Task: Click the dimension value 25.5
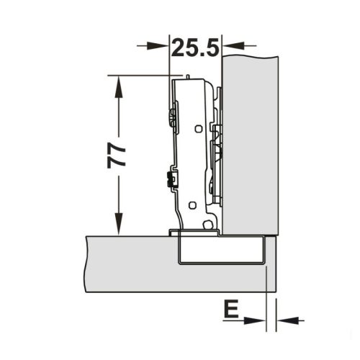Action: point(196,48)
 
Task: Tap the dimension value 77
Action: point(117,155)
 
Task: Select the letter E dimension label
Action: point(231,308)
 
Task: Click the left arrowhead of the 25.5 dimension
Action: point(157,45)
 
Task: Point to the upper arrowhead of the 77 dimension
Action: point(118,87)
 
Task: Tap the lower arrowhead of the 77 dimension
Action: point(118,224)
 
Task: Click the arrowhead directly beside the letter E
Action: point(254,320)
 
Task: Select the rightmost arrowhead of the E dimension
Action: point(287,320)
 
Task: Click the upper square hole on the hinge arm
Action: point(198,129)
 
